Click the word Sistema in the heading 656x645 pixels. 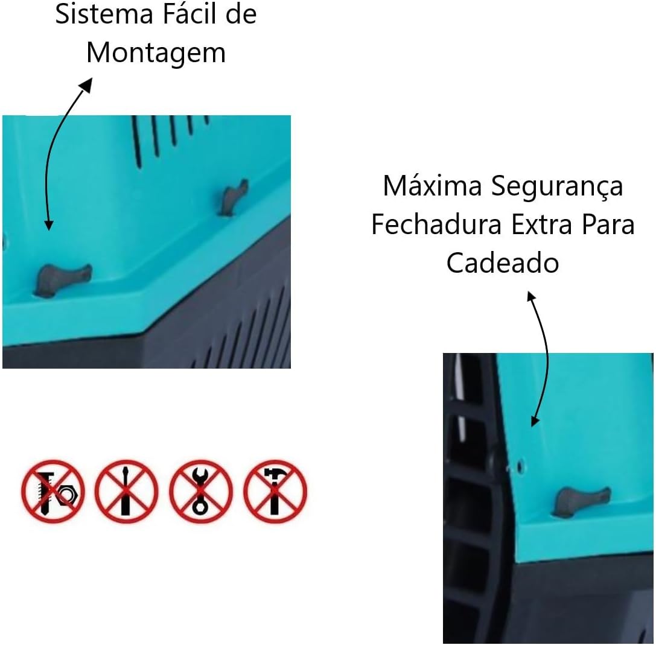(104, 14)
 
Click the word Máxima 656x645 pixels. (433, 186)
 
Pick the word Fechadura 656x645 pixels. (436, 224)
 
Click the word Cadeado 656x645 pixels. (503, 262)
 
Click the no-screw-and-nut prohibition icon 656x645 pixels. (53, 491)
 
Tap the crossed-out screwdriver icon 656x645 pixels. (126, 491)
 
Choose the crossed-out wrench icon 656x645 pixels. (201, 491)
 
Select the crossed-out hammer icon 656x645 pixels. (275, 491)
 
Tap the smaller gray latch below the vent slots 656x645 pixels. (234, 197)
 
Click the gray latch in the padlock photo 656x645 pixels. (582, 501)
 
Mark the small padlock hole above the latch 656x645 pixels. (520, 465)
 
